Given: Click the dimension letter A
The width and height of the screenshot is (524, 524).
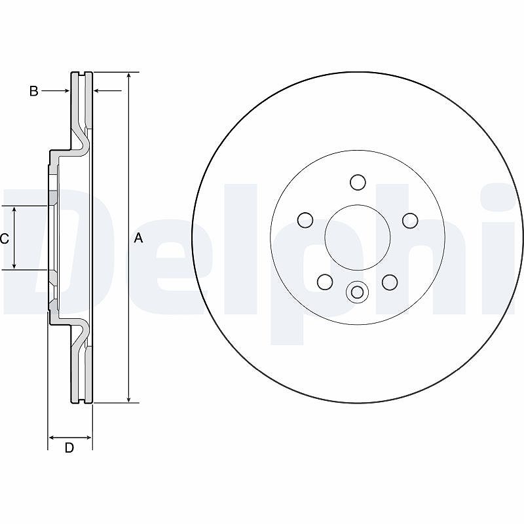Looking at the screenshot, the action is tap(138, 238).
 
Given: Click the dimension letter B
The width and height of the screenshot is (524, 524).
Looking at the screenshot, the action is tap(34, 91).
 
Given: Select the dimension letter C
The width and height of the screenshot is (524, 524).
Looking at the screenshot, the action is tap(5, 238).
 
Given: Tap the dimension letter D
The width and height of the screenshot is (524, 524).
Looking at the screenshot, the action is tap(69, 447).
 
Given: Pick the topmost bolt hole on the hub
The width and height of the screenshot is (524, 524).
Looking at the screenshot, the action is tap(358, 182).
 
